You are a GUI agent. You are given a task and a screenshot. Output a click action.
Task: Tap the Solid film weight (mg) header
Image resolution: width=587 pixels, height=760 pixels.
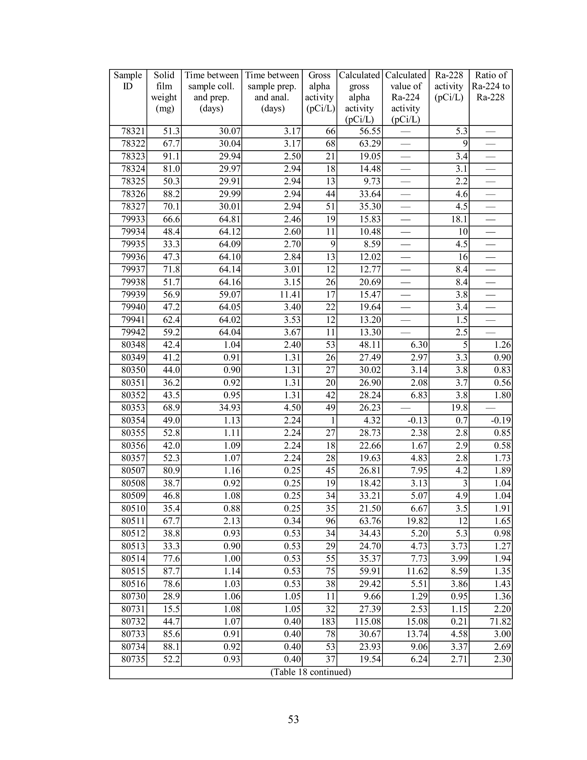[x=164, y=92]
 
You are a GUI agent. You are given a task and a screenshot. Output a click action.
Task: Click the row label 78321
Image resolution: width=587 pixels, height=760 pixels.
[x=133, y=132]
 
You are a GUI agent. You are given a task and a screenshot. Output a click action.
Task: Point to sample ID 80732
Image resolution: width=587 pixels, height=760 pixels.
[x=133, y=621]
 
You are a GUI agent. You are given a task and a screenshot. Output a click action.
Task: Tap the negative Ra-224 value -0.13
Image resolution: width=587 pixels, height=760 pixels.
[x=417, y=420]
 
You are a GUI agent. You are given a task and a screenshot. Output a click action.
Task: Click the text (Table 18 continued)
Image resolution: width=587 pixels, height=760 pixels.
[x=311, y=672]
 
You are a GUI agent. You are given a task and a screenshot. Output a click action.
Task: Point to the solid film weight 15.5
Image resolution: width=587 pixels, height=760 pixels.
[x=171, y=609]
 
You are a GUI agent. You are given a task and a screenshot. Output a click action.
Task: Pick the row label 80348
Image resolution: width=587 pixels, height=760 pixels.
[x=133, y=345]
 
